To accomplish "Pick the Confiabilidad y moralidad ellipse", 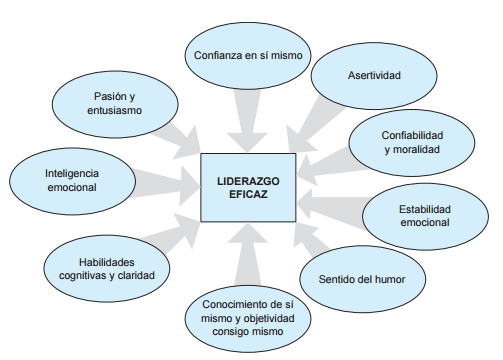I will [412, 142].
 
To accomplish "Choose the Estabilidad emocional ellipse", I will [426, 216].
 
